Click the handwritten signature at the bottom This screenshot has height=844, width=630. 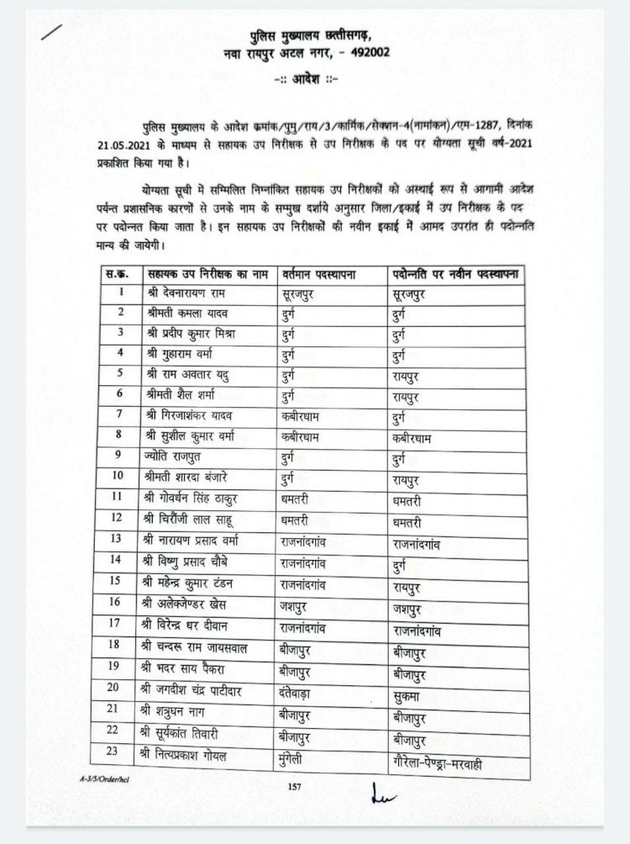383,792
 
